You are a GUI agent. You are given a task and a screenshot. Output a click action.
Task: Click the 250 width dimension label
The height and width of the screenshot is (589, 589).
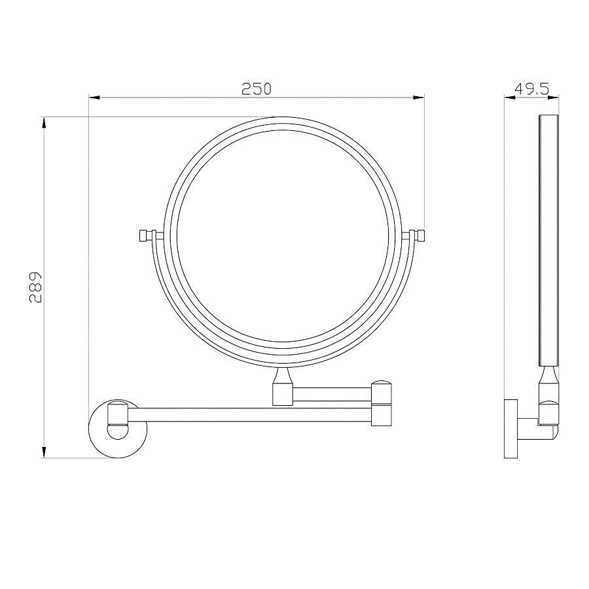(256, 89)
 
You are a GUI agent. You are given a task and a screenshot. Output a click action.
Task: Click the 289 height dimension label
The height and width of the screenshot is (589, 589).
(36, 287)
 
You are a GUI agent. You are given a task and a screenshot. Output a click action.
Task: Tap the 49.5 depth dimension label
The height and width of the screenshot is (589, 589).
(531, 89)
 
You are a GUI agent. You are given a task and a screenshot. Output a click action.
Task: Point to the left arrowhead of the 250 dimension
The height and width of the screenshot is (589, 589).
(94, 98)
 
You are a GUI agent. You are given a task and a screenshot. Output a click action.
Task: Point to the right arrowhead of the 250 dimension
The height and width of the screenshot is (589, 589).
(419, 98)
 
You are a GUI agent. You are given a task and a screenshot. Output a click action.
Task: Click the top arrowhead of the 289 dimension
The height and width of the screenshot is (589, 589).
(44, 123)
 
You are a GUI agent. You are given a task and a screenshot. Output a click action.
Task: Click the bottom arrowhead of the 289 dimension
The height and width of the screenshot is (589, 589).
(44, 452)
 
